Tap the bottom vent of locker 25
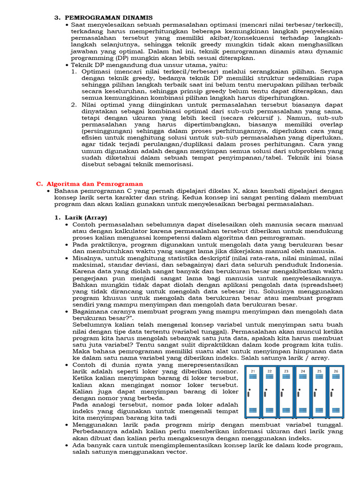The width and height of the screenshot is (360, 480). (x=319, y=411)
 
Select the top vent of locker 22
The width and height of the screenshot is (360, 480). (x=270, y=378)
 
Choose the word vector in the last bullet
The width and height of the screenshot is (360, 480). (x=176, y=452)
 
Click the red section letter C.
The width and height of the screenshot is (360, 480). (x=39, y=184)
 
